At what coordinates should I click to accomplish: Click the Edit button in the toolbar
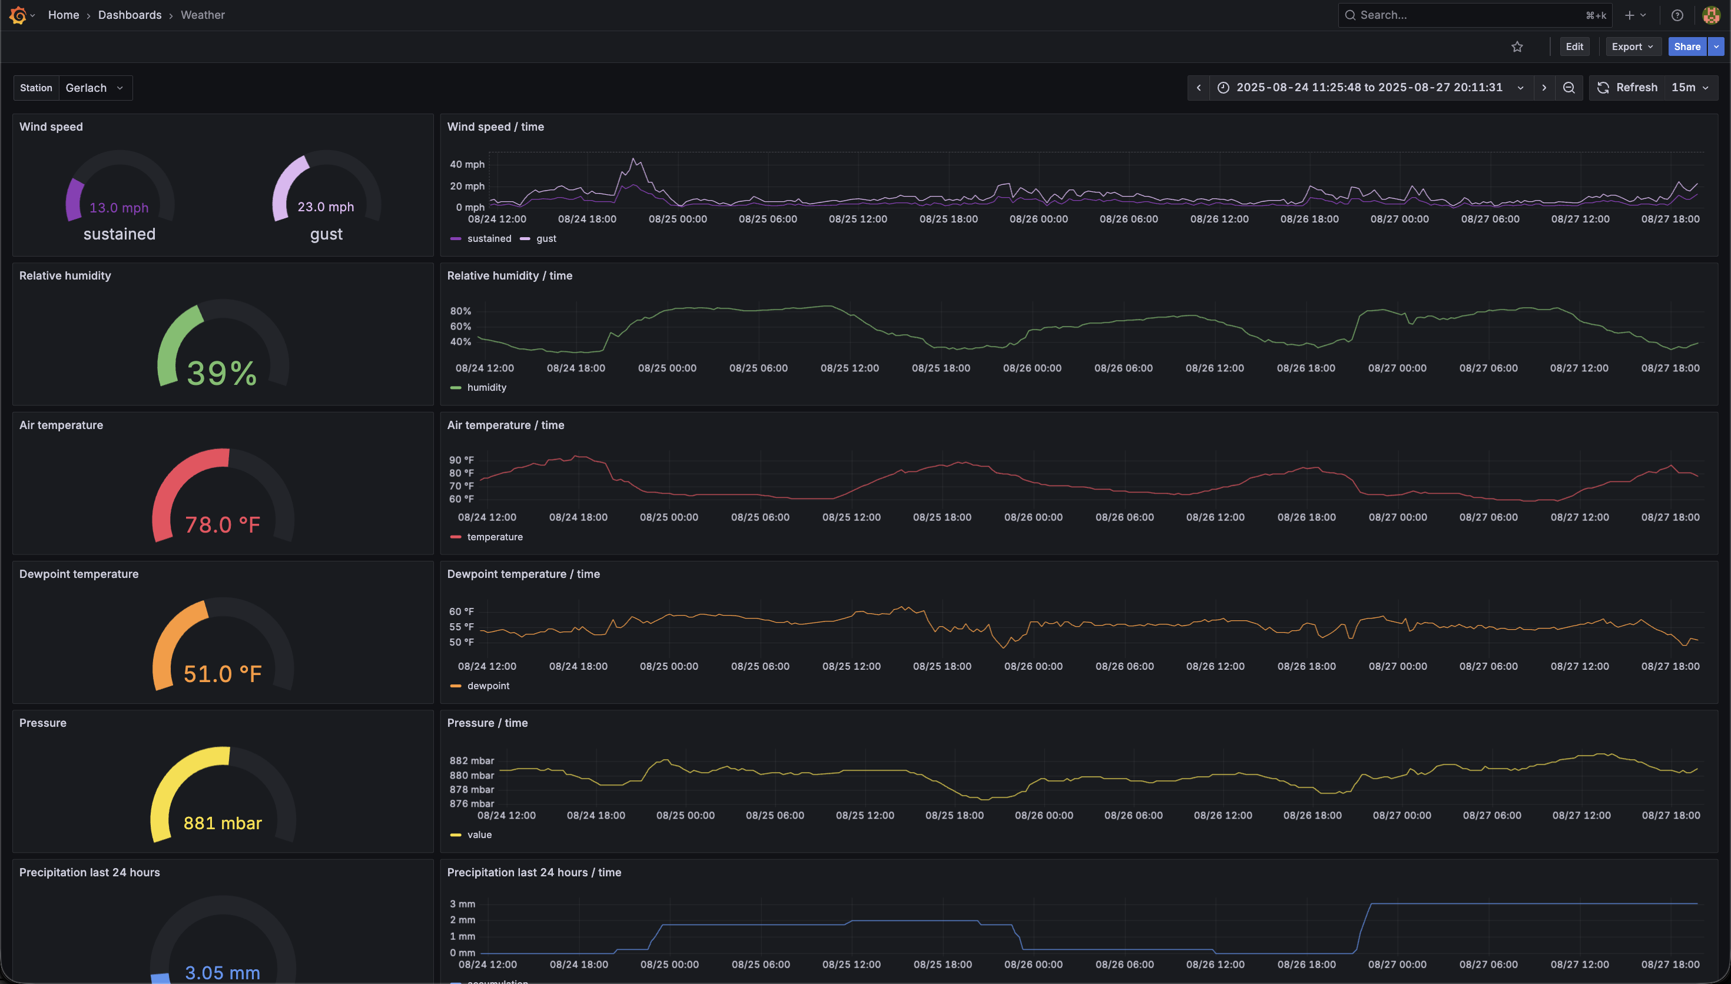pos(1574,46)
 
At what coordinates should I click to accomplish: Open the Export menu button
pos(1632,46)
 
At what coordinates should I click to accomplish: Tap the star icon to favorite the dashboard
pos(1517,46)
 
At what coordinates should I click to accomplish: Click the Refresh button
pos(1627,88)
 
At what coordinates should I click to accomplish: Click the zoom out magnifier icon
pos(1568,88)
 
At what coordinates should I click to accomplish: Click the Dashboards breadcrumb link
pos(130,15)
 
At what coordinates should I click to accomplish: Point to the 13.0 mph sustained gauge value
pos(119,208)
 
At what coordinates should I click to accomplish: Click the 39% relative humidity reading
pos(222,373)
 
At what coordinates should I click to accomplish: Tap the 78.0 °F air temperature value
pos(223,524)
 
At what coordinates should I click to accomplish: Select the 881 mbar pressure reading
pos(223,823)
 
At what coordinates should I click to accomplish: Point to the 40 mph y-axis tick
pos(467,164)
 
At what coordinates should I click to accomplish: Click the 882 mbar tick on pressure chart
pos(472,761)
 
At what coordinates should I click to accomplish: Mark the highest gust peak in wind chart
pos(634,159)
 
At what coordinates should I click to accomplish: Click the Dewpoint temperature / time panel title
pos(523,574)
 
